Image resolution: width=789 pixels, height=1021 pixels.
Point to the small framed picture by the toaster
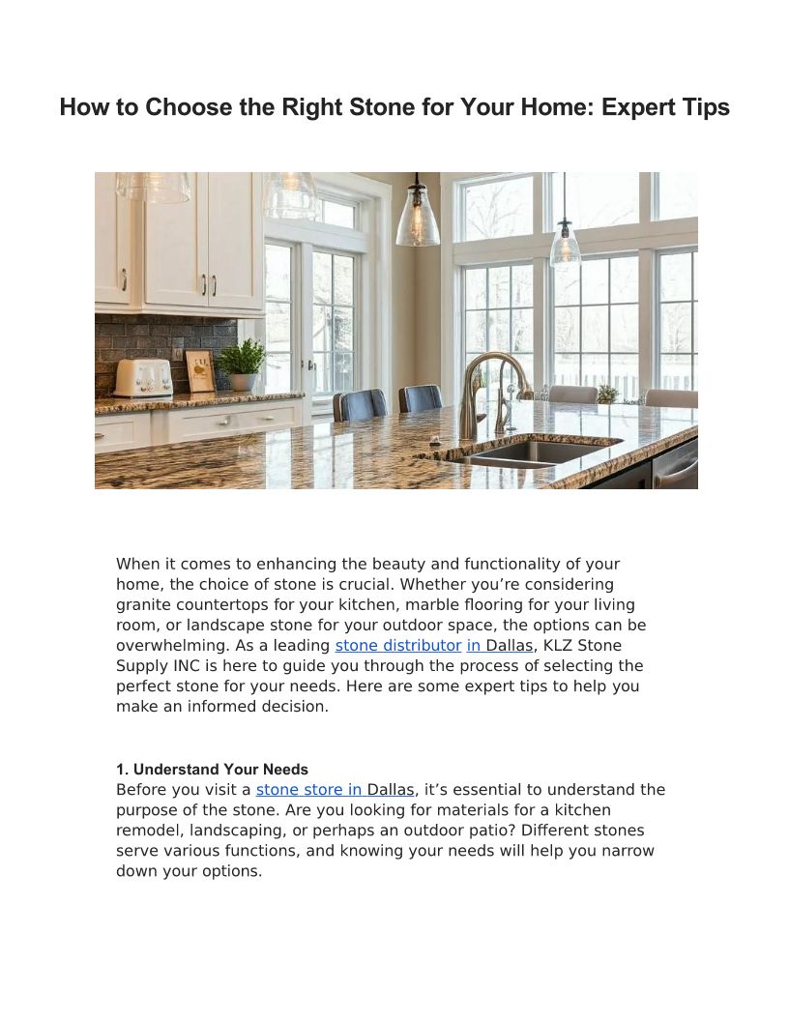point(200,371)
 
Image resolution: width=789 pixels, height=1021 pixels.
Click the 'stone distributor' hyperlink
point(397,645)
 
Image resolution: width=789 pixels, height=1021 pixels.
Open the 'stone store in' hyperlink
point(310,789)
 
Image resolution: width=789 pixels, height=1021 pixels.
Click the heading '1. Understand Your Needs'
point(212,770)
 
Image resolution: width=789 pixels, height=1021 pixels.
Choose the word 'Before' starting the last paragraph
point(142,789)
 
